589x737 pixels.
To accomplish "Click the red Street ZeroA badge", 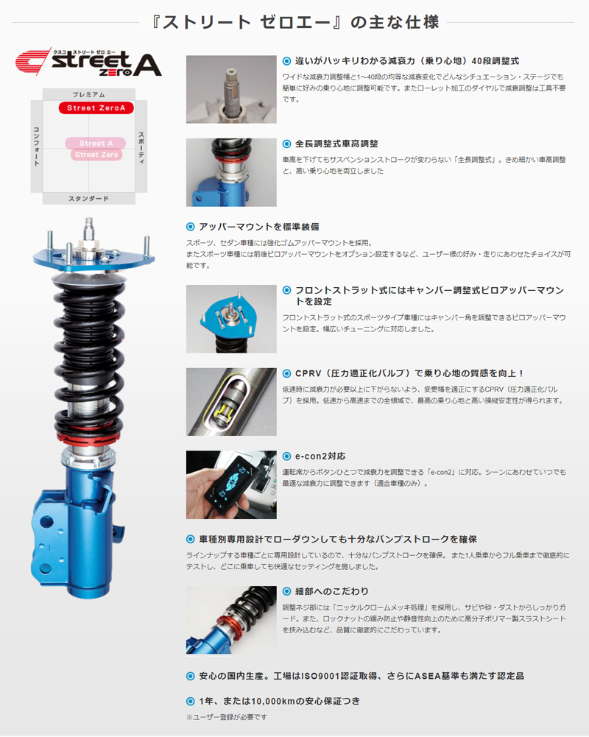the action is coord(96,107).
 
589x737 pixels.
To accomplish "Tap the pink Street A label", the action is coord(96,143).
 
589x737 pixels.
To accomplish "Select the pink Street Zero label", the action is coord(96,154).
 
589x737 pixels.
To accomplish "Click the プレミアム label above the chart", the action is coord(89,94).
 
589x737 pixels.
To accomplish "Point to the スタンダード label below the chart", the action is coord(89,198).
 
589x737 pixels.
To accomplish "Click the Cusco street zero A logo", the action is coord(88,62).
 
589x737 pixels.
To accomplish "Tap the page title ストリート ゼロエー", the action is coord(295,22).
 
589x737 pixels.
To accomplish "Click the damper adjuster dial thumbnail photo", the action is coord(231,89).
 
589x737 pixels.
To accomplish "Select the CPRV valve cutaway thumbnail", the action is coord(231,402).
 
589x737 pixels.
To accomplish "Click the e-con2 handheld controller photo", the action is coord(231,484).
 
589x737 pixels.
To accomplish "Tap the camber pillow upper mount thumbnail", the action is coord(231,319).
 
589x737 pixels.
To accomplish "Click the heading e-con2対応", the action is coord(320,456).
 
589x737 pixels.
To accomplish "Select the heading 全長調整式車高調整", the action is coord(336,144).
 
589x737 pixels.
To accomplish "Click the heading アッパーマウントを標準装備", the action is coord(259,227).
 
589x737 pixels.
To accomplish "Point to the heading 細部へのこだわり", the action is coord(332,591).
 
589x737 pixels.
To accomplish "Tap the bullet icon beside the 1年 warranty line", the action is coord(191,701).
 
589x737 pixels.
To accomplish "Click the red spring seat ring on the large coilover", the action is coord(89,437).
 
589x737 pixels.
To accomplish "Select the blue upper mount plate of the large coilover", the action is coord(94,258).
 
